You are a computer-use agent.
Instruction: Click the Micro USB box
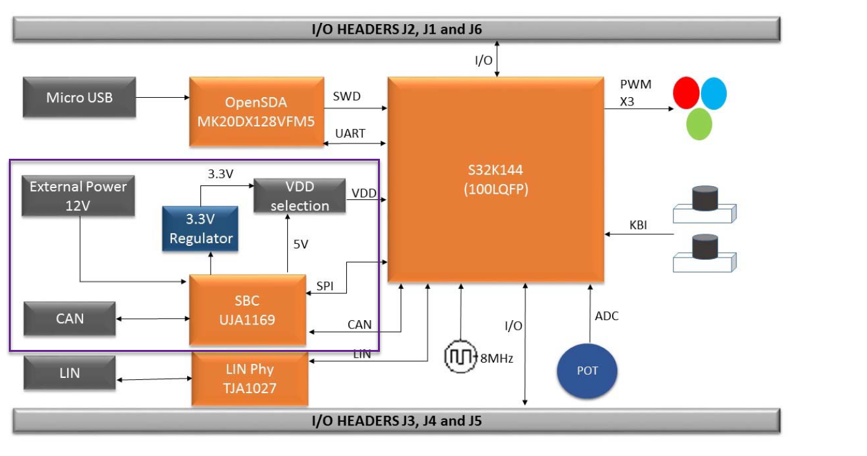click(x=79, y=98)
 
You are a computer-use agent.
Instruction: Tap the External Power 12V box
click(x=78, y=196)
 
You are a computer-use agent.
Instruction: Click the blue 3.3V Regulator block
click(x=200, y=229)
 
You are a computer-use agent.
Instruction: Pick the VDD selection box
click(x=299, y=196)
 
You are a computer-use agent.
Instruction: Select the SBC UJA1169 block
click(x=248, y=311)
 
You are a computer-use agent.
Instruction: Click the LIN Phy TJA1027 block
click(x=250, y=379)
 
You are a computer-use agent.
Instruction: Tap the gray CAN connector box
click(x=70, y=318)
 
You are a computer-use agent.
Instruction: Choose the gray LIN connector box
click(x=70, y=373)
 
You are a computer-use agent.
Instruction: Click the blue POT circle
click(x=587, y=371)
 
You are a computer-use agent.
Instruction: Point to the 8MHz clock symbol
click(x=460, y=357)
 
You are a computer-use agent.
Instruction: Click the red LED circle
click(x=686, y=93)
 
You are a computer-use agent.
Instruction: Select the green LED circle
click(x=699, y=124)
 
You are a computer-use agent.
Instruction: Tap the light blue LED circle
click(x=714, y=94)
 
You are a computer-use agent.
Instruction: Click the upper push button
click(x=704, y=203)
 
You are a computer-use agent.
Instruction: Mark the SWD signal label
click(x=346, y=96)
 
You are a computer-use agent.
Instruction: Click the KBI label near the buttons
click(x=638, y=225)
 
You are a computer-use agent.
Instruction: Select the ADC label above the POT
click(x=606, y=316)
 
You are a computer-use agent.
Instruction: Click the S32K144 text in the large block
click(x=495, y=170)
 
